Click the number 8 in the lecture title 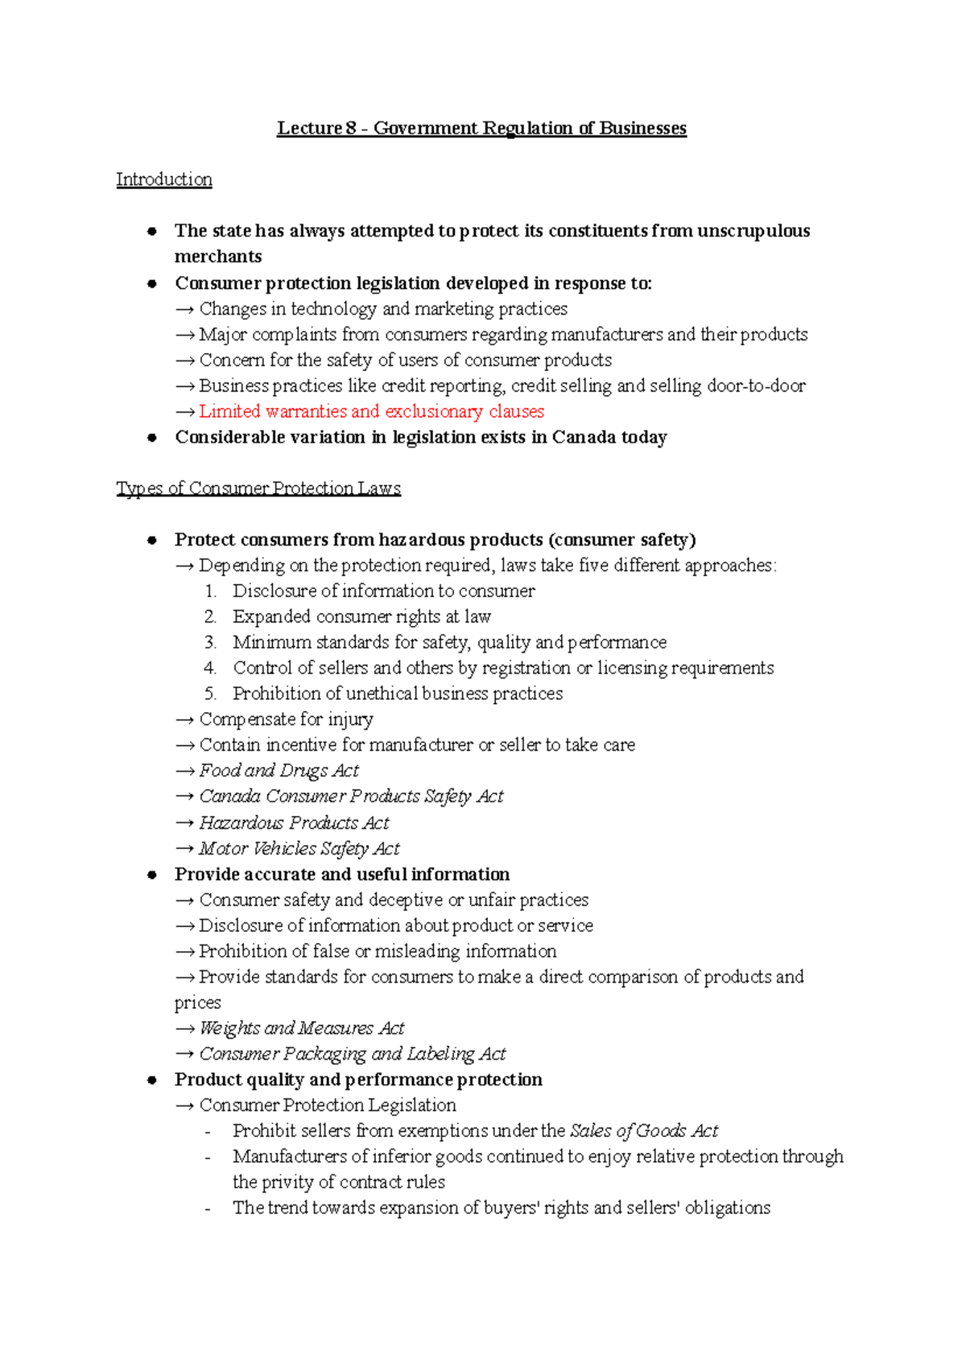351,129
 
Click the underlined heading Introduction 164,179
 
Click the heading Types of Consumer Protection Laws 258,488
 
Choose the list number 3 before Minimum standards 210,642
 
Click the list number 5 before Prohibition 210,694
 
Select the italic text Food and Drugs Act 279,771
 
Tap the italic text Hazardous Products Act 294,823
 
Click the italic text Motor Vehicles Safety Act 299,849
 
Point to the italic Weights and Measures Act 302,1028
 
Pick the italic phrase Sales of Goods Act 644,1131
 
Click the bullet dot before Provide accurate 151,875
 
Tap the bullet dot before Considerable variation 151,439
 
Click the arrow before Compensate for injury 185,720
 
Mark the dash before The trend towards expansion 208,1209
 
